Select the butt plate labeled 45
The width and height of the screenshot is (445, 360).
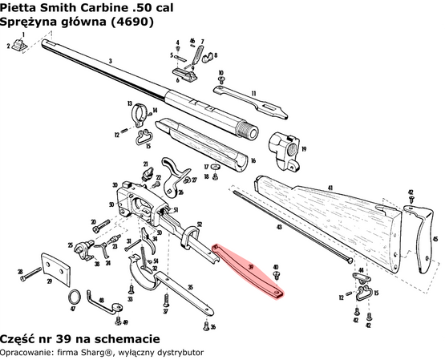tap(422, 241)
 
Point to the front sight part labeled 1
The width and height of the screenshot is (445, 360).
tap(24, 46)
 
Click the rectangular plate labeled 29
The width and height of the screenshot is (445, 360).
tap(55, 270)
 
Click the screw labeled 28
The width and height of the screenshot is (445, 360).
tap(30, 277)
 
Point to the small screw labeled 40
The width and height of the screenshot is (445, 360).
tap(276, 275)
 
